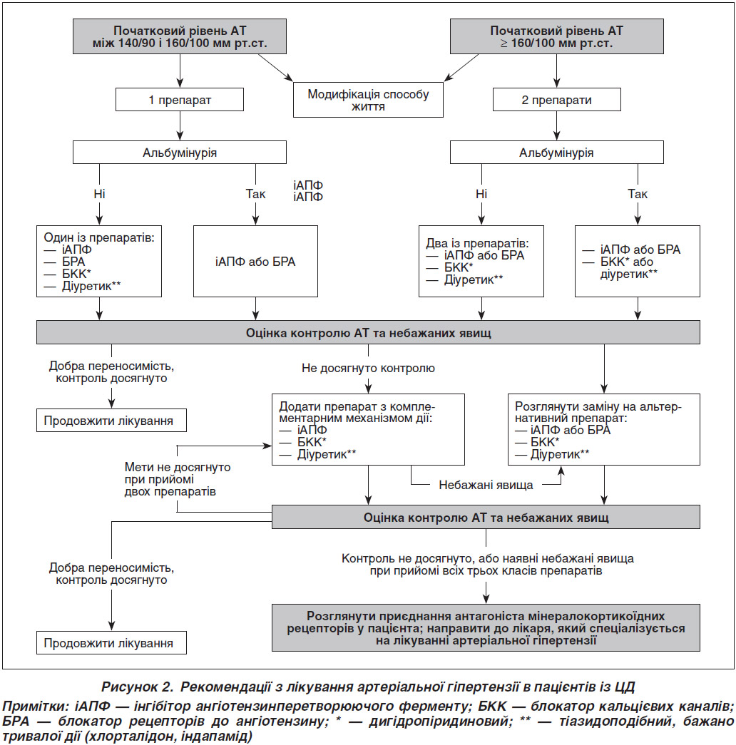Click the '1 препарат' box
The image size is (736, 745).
(180, 100)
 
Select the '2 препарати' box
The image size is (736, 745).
(557, 100)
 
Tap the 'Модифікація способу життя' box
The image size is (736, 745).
(368, 100)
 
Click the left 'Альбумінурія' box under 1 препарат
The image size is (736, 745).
(180, 153)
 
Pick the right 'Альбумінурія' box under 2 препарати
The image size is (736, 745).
(557, 153)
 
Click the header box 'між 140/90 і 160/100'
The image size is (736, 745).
(180, 36)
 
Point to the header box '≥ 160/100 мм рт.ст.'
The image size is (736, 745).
(557, 36)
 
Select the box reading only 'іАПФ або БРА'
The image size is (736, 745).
(255, 262)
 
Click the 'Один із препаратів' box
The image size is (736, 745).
(99, 262)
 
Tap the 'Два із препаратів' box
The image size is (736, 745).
(481, 262)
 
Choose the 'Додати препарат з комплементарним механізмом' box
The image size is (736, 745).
(368, 429)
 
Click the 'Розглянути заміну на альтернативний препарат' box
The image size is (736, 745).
(604, 429)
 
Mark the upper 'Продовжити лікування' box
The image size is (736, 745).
(111, 421)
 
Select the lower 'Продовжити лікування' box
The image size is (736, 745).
(111, 643)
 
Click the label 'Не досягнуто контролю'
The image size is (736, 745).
(368, 369)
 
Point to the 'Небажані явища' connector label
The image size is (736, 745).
(486, 485)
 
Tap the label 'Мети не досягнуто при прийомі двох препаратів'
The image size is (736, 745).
(178, 479)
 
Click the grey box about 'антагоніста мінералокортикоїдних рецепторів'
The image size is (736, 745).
(486, 627)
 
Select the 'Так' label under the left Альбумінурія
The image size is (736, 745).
(255, 194)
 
